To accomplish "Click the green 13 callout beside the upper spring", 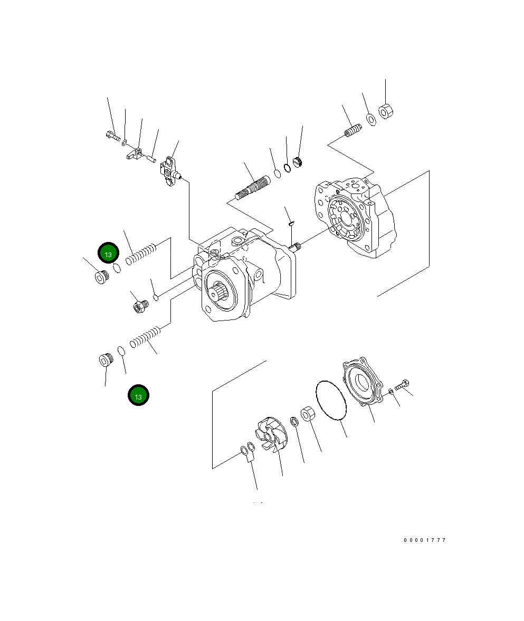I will coord(108,254).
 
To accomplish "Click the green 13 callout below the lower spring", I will coord(138,395).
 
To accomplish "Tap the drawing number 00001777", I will coord(425,540).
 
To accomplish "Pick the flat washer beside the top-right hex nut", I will coord(370,119).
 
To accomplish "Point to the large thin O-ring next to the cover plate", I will coord(331,401).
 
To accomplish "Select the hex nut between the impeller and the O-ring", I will coord(308,414).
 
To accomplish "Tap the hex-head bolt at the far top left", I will coord(112,137).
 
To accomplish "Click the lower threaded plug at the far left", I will coord(106,360).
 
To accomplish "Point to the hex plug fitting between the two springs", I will coord(140,305).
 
